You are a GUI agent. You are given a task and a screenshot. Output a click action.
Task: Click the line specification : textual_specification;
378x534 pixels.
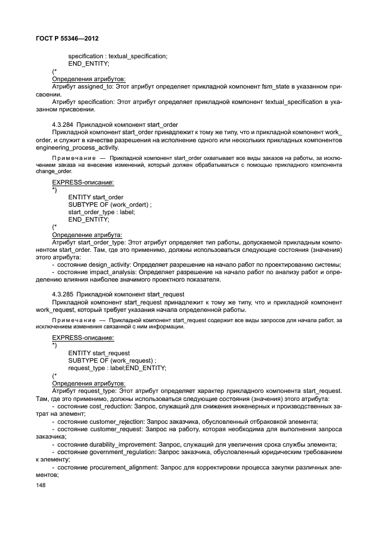coord(118,56)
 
